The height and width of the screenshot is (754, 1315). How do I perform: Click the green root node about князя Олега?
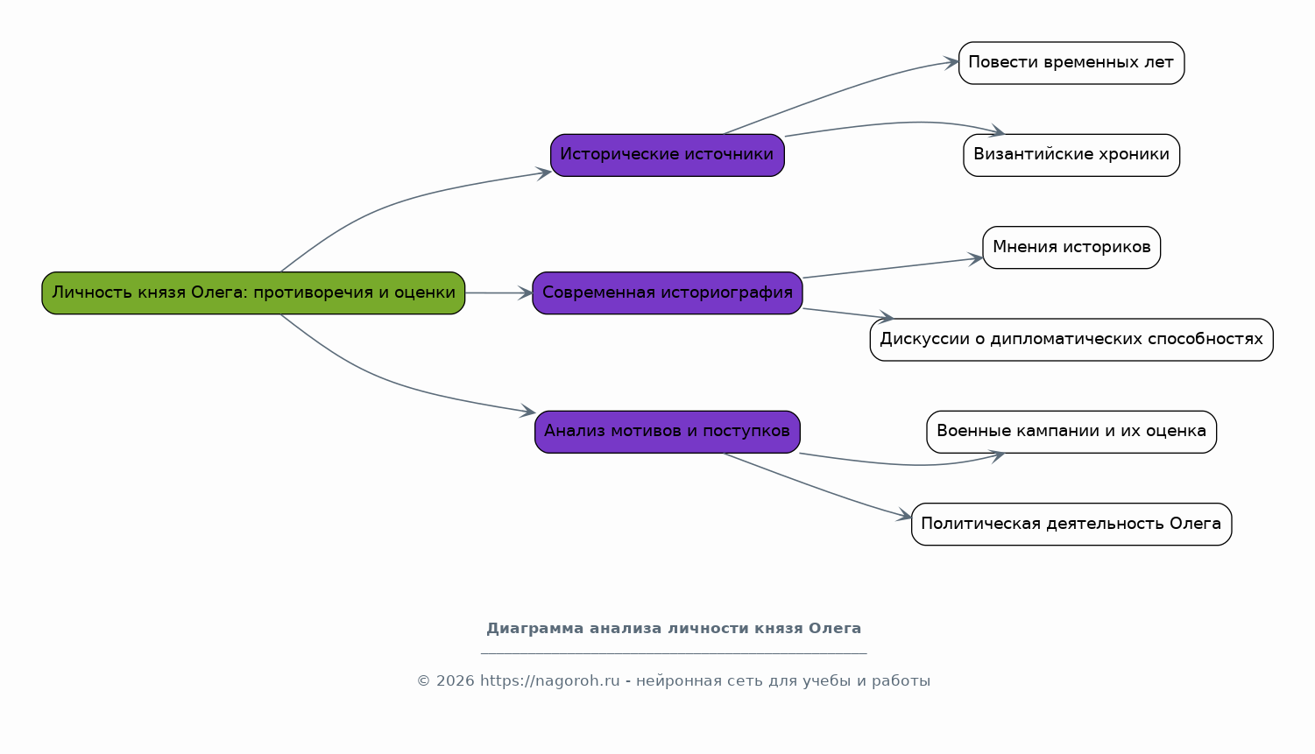tap(253, 292)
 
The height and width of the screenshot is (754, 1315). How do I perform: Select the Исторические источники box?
tap(668, 155)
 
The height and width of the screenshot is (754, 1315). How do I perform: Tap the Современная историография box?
tap(668, 292)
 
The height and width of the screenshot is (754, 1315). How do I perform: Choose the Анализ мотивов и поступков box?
tap(668, 432)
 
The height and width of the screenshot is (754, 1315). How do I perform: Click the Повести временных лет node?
tap(1071, 63)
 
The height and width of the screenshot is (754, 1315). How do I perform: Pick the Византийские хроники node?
tap(1071, 155)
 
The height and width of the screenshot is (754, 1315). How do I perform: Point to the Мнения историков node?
tap(1071, 248)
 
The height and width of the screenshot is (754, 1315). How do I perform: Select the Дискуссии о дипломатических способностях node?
tap(1071, 340)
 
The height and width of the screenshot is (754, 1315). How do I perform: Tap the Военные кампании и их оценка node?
tap(1071, 432)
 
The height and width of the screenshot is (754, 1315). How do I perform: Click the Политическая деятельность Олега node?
tap(1071, 524)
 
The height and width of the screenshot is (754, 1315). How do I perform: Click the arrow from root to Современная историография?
tap(499, 292)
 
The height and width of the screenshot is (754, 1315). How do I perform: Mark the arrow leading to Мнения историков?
tap(893, 268)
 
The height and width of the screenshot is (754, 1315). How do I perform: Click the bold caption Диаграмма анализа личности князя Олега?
tap(674, 629)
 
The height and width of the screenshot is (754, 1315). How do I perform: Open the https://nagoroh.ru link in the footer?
tap(549, 680)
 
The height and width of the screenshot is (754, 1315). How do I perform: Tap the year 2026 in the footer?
tap(455, 680)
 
